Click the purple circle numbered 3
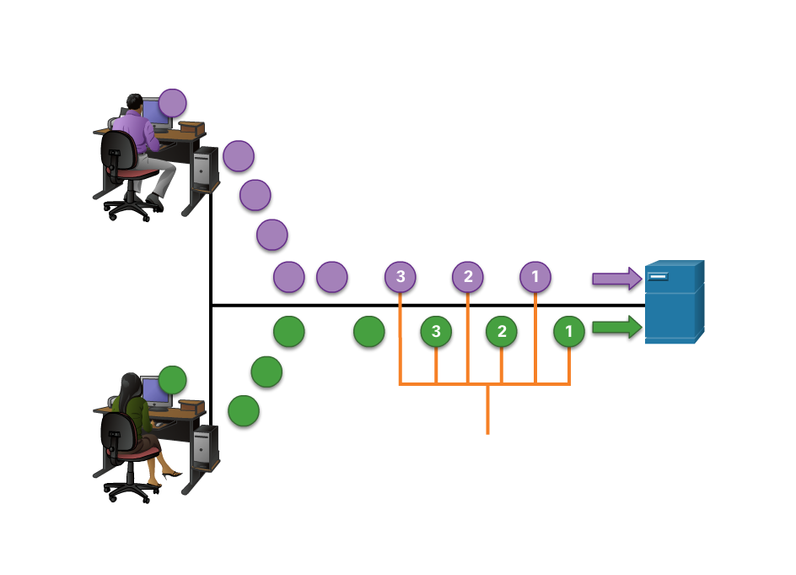(x=401, y=276)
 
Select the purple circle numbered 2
(x=468, y=276)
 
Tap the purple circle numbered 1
(x=535, y=276)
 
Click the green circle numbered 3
(x=436, y=331)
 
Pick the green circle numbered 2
(x=502, y=331)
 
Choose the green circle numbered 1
(x=569, y=331)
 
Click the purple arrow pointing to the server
(x=616, y=278)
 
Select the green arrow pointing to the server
(x=616, y=327)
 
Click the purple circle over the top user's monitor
(x=172, y=103)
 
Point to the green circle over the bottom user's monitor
(x=172, y=380)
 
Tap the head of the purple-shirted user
(x=133, y=103)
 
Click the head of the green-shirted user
(x=130, y=383)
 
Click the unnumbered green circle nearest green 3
(x=368, y=331)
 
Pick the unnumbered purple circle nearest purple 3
(x=331, y=276)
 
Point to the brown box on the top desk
(x=191, y=127)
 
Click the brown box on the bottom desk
(x=191, y=406)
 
